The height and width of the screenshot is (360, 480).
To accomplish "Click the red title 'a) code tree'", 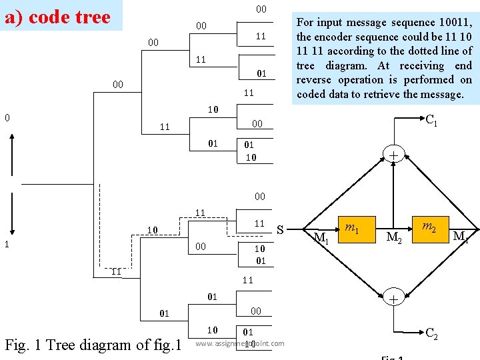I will pos(57,17).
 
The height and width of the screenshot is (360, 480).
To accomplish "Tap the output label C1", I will pos(431,121).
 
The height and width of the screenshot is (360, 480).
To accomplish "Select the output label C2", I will pos(431,332).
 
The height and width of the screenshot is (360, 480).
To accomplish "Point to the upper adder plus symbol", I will pos(393,155).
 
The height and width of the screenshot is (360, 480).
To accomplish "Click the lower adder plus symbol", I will pos(393,299).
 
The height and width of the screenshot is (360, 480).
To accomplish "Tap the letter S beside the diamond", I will pos(281,231).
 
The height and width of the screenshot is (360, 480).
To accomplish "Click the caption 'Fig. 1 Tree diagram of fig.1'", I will pos(93,345).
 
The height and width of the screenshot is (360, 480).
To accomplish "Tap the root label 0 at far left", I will pos(7,118).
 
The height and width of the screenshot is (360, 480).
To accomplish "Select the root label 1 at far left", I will pos(7,244).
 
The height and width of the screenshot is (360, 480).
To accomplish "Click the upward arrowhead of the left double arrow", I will pos(13,137).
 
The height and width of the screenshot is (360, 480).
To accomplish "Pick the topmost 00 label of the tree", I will pos(261,9).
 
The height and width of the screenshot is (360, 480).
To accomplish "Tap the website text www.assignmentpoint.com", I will pos(239,344).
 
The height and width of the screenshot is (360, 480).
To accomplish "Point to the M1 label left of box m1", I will pos(321,238).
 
